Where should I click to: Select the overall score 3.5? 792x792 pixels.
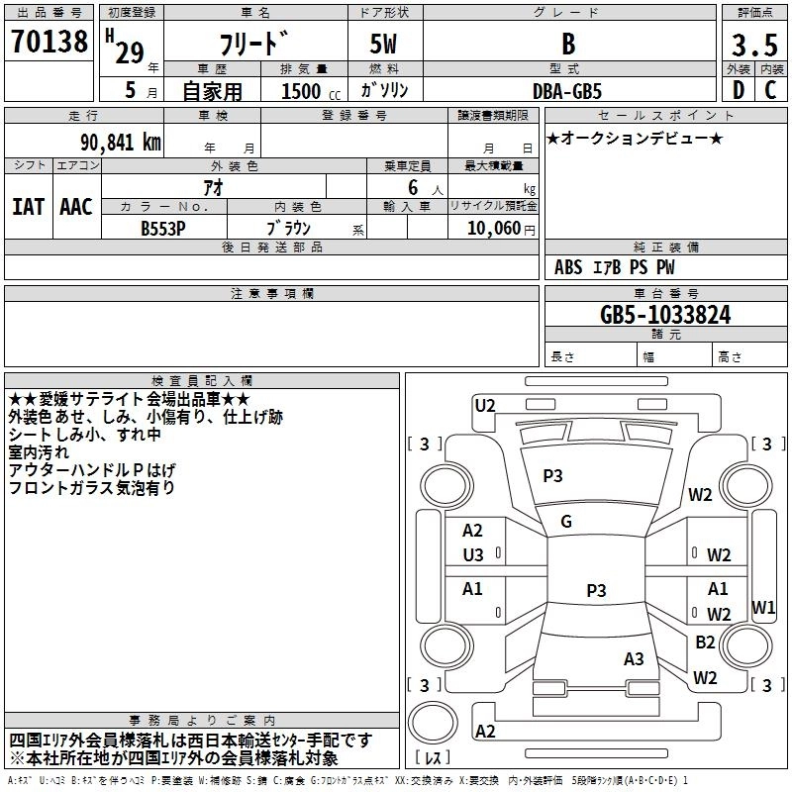(753, 45)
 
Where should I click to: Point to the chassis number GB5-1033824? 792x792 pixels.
(665, 315)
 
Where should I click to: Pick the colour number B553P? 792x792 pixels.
(164, 228)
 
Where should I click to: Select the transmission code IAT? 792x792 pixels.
(29, 207)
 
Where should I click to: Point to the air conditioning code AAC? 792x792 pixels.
(76, 207)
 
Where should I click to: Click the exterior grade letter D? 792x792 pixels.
(738, 90)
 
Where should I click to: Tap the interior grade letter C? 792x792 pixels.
(770, 90)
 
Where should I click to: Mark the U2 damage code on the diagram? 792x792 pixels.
(485, 404)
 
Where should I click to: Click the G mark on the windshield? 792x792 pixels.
(566, 522)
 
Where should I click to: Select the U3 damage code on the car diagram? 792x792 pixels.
(473, 554)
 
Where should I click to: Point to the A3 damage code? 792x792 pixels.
(634, 658)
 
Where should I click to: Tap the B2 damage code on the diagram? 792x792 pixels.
(705, 643)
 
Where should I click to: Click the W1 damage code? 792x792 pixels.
(763, 607)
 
